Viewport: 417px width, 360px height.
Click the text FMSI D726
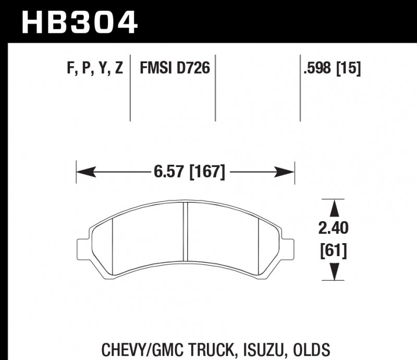point(174,68)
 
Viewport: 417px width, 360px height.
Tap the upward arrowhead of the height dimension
point(334,207)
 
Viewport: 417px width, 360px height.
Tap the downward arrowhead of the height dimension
point(334,272)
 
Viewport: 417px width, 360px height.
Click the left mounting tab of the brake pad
point(82,247)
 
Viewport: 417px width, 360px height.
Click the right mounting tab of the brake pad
point(288,247)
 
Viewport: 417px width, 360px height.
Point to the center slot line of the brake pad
point(186,232)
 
